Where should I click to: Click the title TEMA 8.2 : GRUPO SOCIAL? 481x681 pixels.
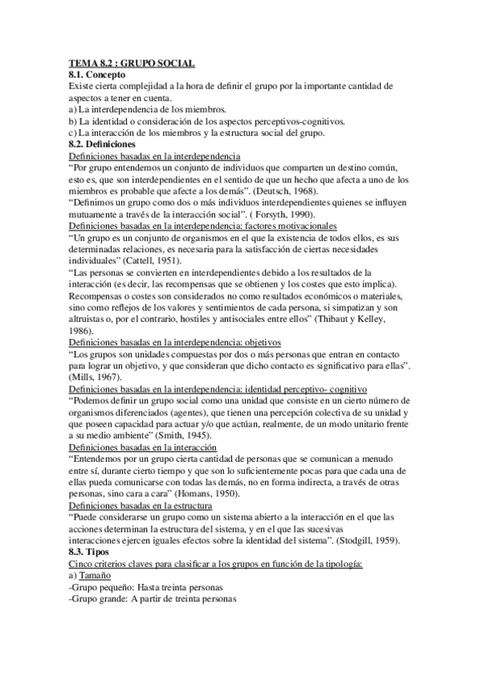pos(132,63)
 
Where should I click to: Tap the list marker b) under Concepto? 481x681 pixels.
pos(73,120)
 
